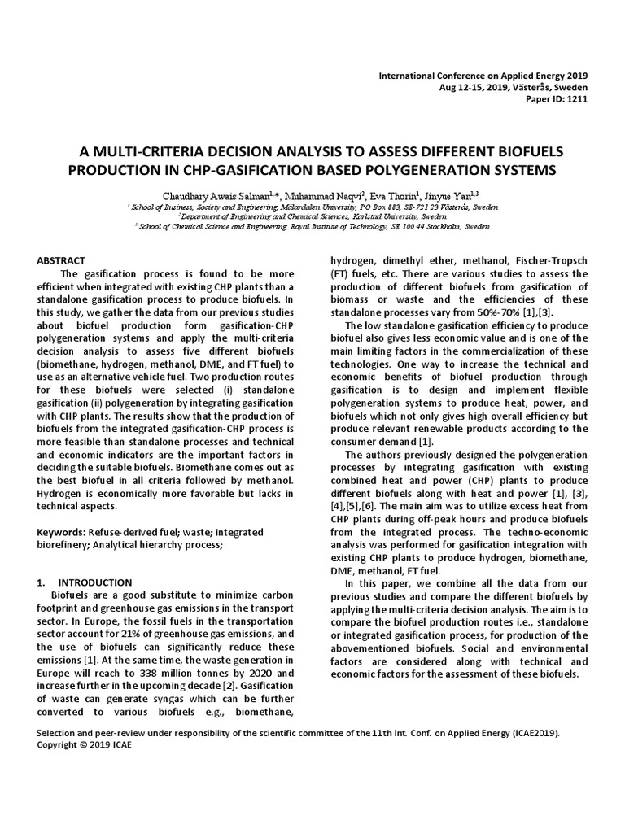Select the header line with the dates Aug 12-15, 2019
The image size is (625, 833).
click(513, 87)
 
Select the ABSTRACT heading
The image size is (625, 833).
click(62, 260)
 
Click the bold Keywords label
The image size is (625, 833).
click(64, 532)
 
